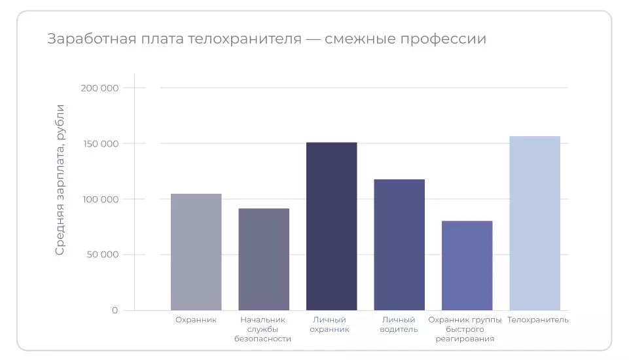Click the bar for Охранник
196,252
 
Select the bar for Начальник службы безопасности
264,259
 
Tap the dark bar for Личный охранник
331,226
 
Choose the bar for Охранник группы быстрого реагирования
467,265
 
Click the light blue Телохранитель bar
535,223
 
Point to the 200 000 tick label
101,88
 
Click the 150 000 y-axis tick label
101,143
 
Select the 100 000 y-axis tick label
101,199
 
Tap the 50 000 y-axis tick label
103,255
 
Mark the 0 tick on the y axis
115,310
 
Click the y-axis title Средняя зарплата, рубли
60,179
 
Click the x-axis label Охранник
196,320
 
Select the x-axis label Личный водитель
399,325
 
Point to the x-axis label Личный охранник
331,325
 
